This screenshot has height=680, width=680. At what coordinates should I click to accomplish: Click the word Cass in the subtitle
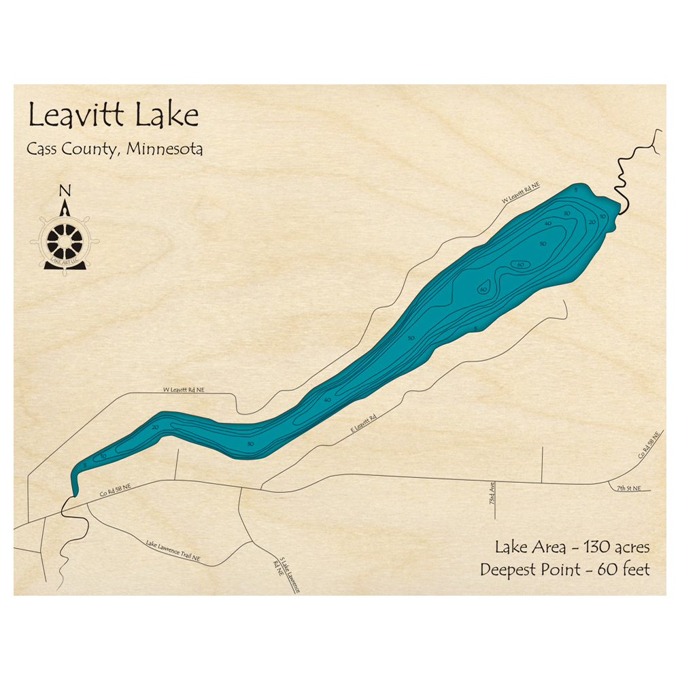(x=42, y=149)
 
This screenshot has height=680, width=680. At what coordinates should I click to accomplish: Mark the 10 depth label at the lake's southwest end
(x=103, y=456)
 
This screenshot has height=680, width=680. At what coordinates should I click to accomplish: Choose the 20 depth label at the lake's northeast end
(x=592, y=222)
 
